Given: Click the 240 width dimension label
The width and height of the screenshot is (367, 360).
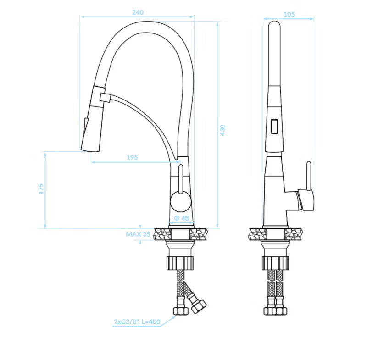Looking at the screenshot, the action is (x=138, y=12).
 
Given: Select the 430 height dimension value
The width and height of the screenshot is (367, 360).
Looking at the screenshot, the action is (x=222, y=130).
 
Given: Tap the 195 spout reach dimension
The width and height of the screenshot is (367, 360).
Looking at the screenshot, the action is (x=132, y=157).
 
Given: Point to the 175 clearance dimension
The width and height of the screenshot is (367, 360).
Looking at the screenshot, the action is (x=41, y=189).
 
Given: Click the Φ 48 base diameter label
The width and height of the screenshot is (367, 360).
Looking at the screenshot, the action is (x=181, y=218).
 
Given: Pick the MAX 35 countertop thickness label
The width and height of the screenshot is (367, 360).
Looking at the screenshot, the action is (x=138, y=234).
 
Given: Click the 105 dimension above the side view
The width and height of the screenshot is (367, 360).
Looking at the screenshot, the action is (x=289, y=14).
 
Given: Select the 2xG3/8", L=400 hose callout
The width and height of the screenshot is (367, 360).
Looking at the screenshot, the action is (x=137, y=321).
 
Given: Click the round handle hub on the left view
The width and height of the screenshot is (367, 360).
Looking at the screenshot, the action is (x=180, y=202).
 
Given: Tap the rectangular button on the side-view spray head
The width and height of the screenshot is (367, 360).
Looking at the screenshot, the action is (x=274, y=126).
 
